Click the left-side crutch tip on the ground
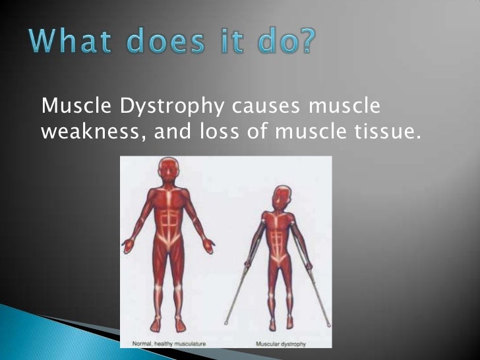point(226,324)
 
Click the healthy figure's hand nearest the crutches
point(209,247)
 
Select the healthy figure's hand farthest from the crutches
point(128,247)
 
